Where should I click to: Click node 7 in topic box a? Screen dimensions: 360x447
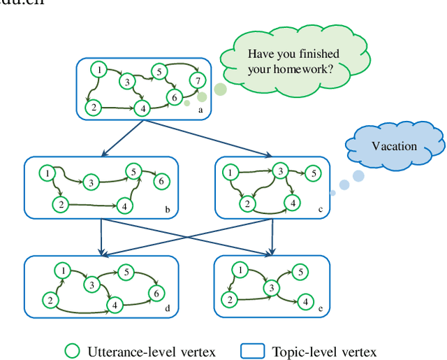point(198,80)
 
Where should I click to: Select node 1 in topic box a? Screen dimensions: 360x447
point(100,69)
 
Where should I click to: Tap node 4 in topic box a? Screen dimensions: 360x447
point(142,108)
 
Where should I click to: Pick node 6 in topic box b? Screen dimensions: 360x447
point(161,181)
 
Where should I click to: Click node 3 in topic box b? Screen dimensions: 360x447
point(91,182)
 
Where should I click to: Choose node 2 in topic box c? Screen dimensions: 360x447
point(246,204)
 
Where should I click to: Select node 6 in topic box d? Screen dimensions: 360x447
point(158,293)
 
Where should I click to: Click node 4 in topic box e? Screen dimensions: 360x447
point(305,301)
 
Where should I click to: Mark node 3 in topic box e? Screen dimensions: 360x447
point(269,288)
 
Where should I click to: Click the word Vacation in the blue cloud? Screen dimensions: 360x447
point(394,146)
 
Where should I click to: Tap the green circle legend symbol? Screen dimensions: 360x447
point(72,350)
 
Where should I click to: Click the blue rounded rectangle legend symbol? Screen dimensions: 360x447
point(253,350)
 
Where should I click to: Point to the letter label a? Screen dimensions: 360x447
point(201,110)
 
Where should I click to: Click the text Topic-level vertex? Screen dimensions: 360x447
point(324,351)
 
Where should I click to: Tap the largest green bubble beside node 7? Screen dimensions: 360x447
point(220,89)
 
